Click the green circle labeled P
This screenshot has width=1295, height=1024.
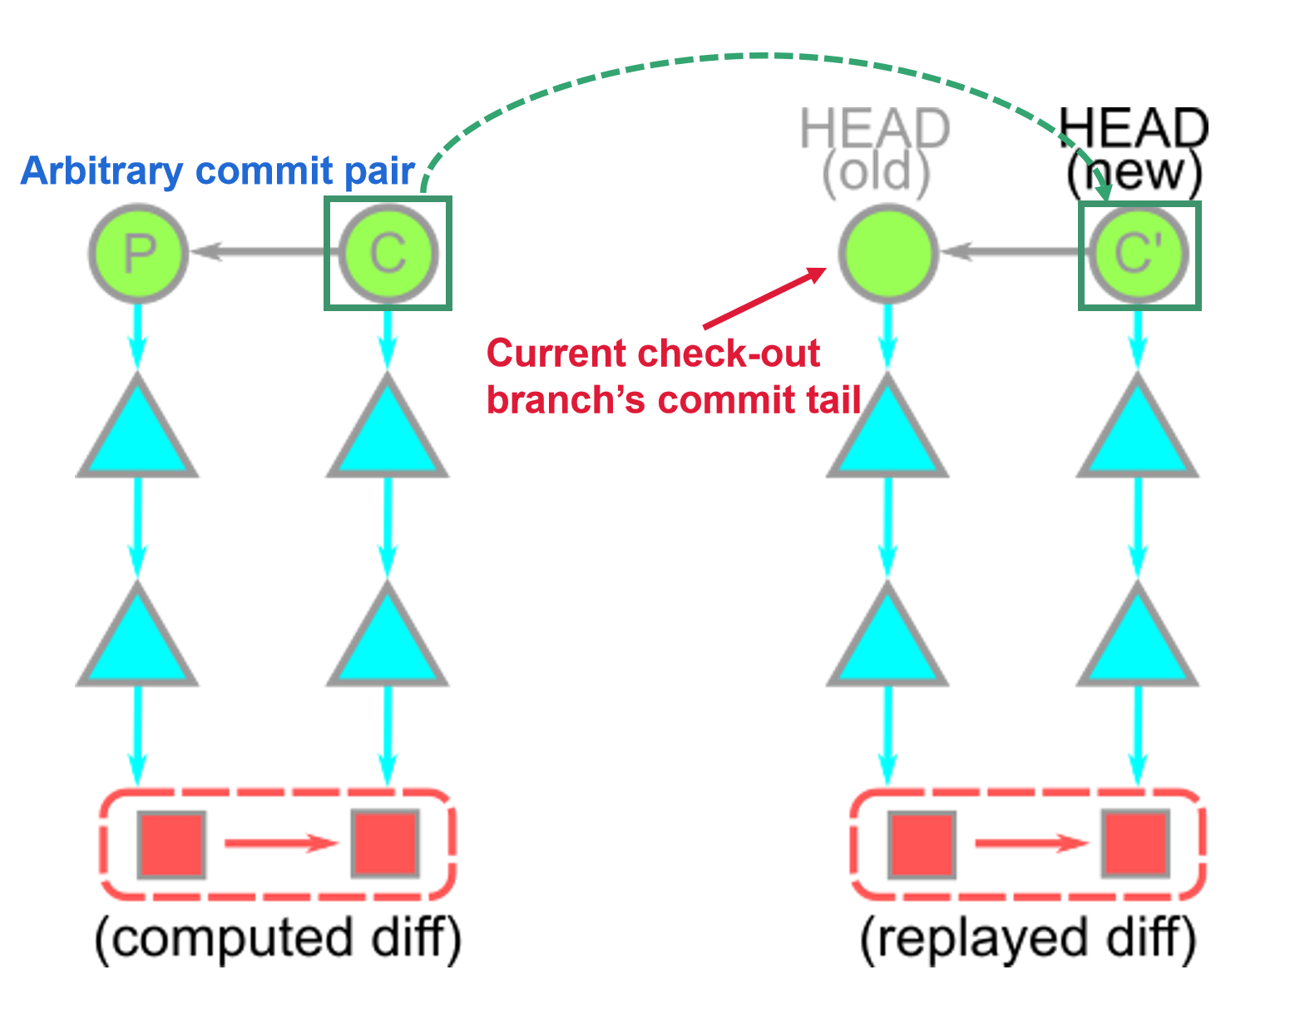coord(138,253)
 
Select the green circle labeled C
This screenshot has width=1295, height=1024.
coord(388,253)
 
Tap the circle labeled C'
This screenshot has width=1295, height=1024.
coord(1139,254)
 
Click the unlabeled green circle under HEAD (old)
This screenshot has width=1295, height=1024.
coord(888,253)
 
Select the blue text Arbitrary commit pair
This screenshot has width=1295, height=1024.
coord(218,171)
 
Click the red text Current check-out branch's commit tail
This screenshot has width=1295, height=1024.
coord(674,376)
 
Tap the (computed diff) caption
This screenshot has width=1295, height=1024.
coord(278,939)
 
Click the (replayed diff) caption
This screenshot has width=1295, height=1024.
coord(1028,939)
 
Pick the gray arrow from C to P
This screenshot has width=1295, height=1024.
coord(264,251)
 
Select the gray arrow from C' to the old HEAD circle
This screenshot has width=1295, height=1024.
coord(1015,251)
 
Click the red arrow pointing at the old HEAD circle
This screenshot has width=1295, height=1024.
coord(765,298)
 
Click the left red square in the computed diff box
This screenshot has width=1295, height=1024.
coord(172,844)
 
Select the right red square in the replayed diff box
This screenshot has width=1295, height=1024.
coord(1136,843)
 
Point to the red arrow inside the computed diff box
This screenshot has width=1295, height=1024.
coord(282,843)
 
